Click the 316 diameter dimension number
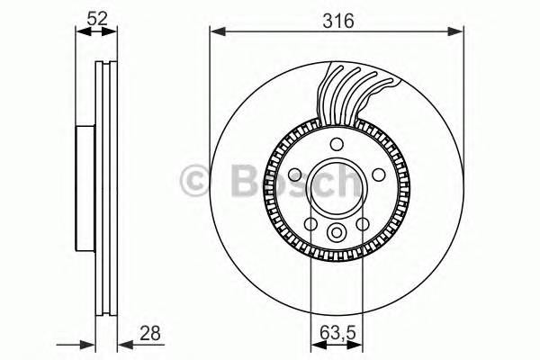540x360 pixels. tap(336, 18)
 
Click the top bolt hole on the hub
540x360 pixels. tap(337, 146)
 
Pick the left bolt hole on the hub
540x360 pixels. tap(295, 175)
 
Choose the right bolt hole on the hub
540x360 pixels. tap(379, 175)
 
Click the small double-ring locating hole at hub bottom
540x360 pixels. tap(337, 233)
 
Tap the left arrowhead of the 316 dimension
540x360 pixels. tap(215, 32)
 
